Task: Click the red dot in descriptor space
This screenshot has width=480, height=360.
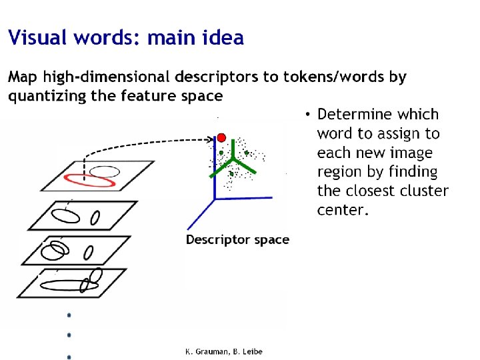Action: pyautogui.click(x=221, y=138)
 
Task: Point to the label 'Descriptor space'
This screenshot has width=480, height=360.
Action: pyautogui.click(x=237, y=239)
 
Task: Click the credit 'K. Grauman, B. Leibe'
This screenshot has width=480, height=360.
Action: pyautogui.click(x=223, y=351)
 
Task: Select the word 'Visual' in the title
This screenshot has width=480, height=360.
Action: pyautogui.click(x=37, y=38)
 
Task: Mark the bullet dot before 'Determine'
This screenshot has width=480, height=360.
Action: pyautogui.click(x=307, y=115)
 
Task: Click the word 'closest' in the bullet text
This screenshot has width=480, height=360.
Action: pyautogui.click(x=371, y=191)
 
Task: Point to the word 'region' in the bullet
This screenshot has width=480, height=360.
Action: pyautogui.click(x=340, y=172)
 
